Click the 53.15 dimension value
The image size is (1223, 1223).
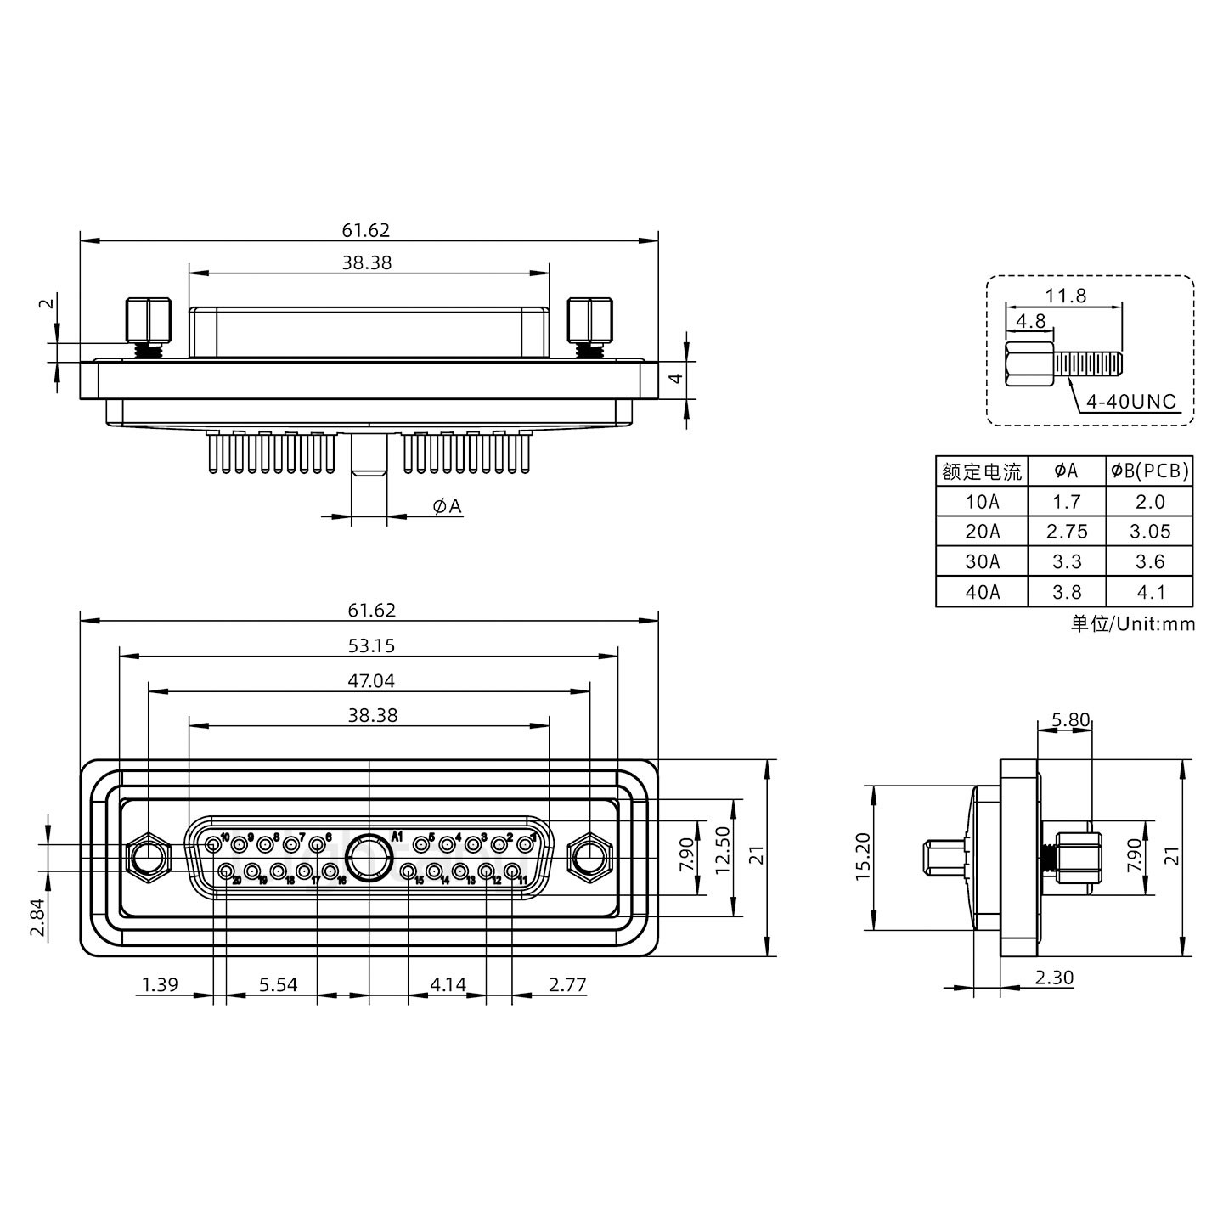coord(371,646)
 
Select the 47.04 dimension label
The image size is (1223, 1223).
coord(371,681)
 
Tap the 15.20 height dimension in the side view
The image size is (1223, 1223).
coord(863,856)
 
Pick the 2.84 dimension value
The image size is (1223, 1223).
coord(38,920)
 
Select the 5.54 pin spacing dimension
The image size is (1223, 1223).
coord(279,985)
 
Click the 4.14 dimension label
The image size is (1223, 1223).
coord(448,985)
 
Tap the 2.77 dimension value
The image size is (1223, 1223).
coord(567,985)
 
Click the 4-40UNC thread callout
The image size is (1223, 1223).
coord(1131,402)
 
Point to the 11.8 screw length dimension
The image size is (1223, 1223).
coord(1065,296)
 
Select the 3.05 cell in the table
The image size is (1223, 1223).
coord(1149,532)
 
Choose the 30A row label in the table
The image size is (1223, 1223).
coord(982,561)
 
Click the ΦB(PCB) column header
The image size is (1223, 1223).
coord(1149,471)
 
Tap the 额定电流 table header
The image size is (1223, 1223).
coord(982,471)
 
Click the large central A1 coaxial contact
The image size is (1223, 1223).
coord(369,857)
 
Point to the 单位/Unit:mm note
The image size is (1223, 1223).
coord(1132,624)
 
